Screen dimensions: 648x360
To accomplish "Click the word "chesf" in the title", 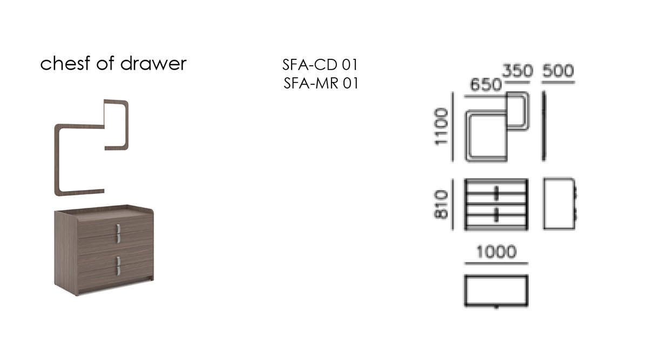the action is [65, 63].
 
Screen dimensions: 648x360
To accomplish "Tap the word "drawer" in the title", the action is [153, 63].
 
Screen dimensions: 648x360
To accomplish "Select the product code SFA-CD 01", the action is [320, 64].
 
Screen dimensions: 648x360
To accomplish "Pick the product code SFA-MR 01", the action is [321, 83].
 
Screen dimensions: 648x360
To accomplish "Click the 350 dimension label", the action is [517, 71].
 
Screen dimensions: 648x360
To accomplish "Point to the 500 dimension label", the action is [558, 71].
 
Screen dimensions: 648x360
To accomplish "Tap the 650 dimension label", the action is [485, 84].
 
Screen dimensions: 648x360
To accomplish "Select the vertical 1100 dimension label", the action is [441, 126].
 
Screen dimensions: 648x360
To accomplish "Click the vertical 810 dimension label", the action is [441, 204].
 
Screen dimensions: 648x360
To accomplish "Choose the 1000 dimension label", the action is [496, 252].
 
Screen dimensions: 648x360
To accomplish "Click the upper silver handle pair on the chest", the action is [118, 233].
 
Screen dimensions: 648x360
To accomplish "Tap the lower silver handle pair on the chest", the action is [118, 265].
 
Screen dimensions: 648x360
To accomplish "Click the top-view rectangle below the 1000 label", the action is [496, 290].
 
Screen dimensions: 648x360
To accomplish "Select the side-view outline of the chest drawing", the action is [559, 204].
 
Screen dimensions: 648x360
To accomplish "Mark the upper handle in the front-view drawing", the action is [496, 193].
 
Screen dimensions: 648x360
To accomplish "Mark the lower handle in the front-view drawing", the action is [496, 215].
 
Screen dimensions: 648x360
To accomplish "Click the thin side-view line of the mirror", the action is [544, 126].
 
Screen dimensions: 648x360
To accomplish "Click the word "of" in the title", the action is [105, 63].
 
